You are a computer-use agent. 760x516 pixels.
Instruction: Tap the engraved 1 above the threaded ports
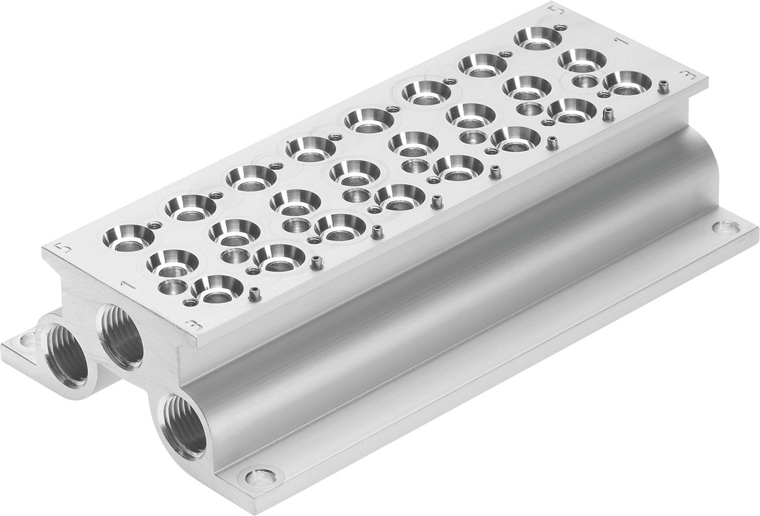coord(127,286)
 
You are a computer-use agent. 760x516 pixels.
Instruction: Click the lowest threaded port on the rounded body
coord(182,425)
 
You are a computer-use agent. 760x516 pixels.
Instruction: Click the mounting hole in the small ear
coord(27,338)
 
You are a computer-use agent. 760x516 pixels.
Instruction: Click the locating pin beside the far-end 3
coord(663,86)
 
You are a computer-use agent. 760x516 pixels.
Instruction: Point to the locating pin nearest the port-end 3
coord(253,293)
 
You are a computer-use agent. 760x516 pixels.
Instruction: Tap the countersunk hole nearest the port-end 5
coord(129,237)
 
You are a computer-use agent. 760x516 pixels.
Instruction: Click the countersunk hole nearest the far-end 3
coord(627,81)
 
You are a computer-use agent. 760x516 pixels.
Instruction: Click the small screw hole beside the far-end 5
coord(561,27)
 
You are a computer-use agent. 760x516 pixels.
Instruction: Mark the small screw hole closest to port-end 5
coord(153,225)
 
